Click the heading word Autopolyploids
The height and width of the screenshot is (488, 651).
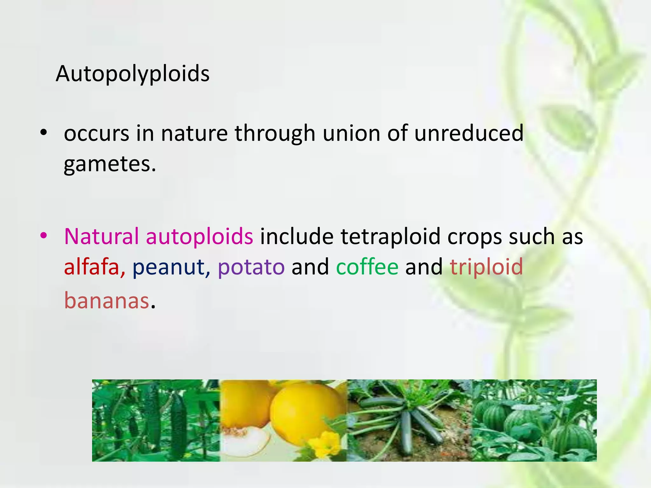click(x=133, y=74)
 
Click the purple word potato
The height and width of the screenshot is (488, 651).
click(x=251, y=267)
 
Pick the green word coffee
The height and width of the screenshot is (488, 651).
click(x=367, y=267)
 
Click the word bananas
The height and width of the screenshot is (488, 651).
click(x=107, y=301)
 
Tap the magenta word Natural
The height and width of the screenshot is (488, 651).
click(x=101, y=236)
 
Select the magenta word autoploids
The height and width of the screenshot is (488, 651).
click(x=200, y=237)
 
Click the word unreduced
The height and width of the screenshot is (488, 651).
click(x=469, y=133)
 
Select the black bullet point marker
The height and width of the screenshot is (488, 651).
click(x=44, y=132)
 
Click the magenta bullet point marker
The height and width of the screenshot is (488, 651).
click(x=44, y=235)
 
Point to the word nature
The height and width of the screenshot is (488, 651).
click(x=194, y=133)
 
